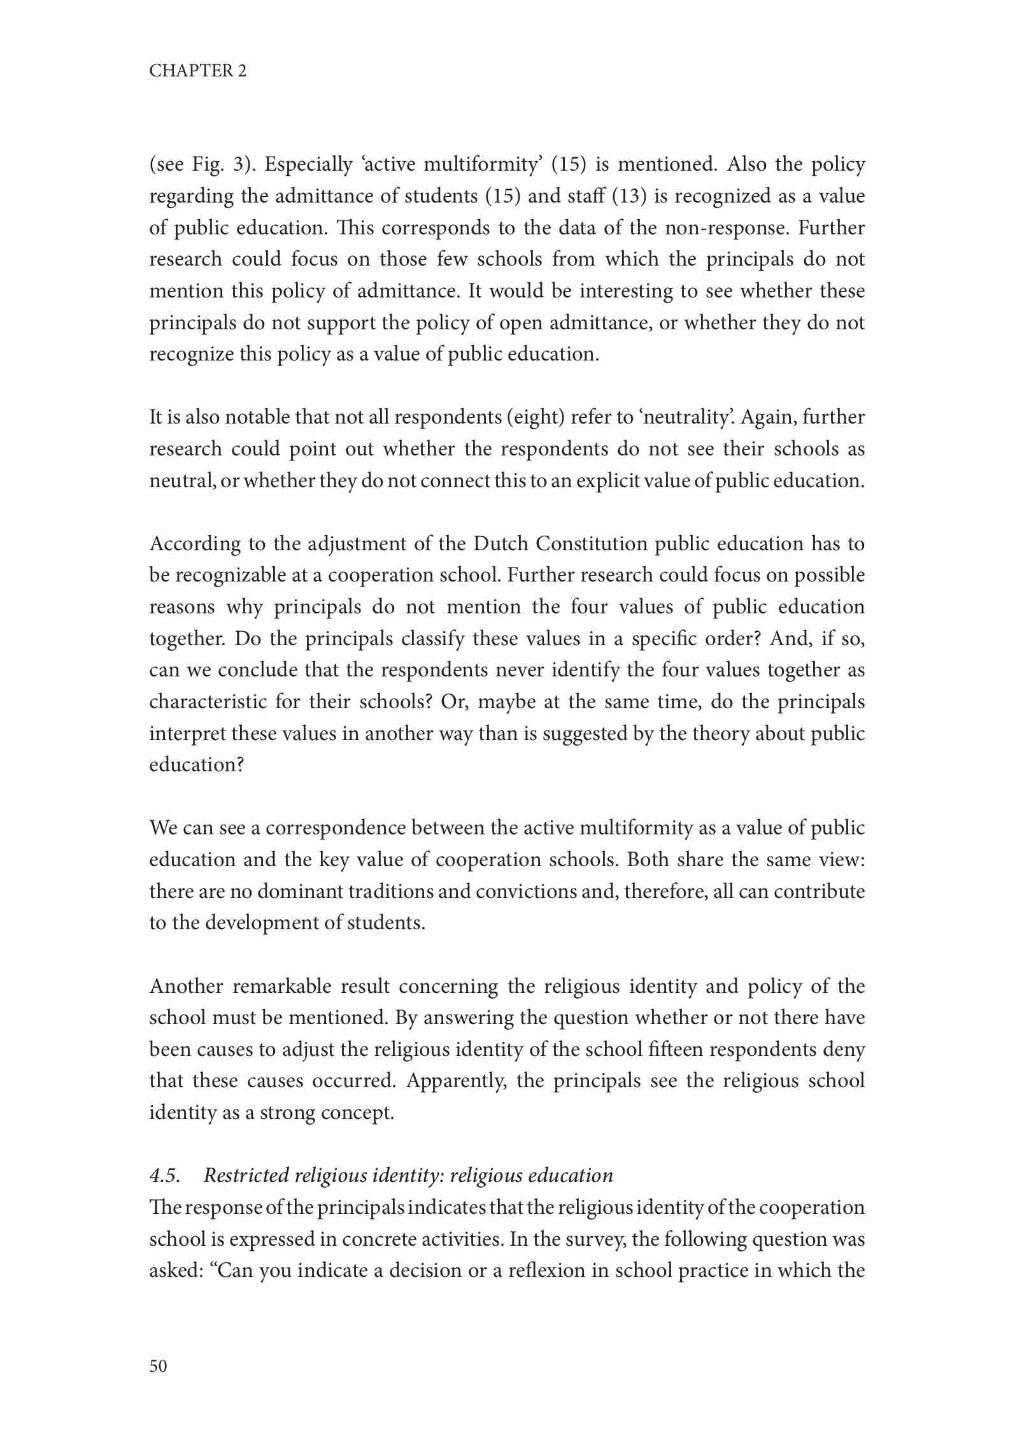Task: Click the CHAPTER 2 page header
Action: (197, 71)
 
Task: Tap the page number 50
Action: (158, 1365)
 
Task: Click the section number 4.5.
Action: (164, 1175)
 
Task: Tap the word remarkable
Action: (281, 986)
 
